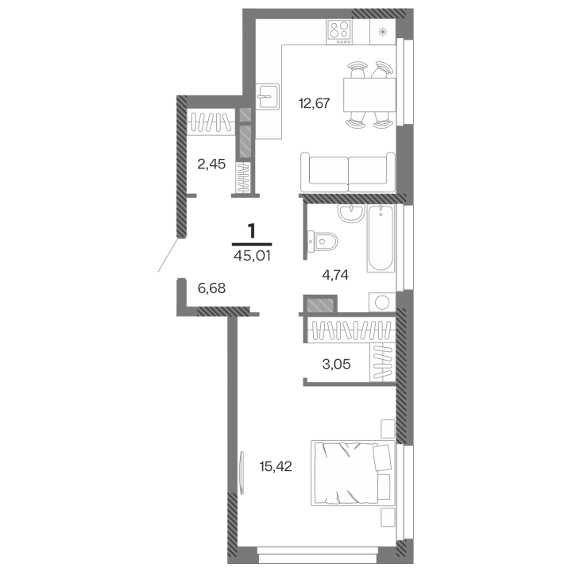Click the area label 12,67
(x=314, y=103)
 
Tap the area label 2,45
(x=211, y=164)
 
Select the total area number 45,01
(x=252, y=256)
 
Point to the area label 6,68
(x=211, y=288)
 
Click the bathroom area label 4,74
(x=335, y=275)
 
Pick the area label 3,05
(x=336, y=364)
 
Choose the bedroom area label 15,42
(x=276, y=466)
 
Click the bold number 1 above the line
(x=252, y=232)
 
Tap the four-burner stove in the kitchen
(x=340, y=32)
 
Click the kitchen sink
(x=269, y=96)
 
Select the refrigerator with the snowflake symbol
(x=383, y=32)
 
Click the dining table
(x=369, y=95)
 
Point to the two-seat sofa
(x=348, y=172)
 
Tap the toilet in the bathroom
(x=323, y=242)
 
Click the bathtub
(x=381, y=238)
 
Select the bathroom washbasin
(x=351, y=212)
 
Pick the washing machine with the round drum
(x=382, y=302)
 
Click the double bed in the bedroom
(x=353, y=473)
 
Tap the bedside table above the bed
(x=388, y=429)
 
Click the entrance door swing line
(x=168, y=255)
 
